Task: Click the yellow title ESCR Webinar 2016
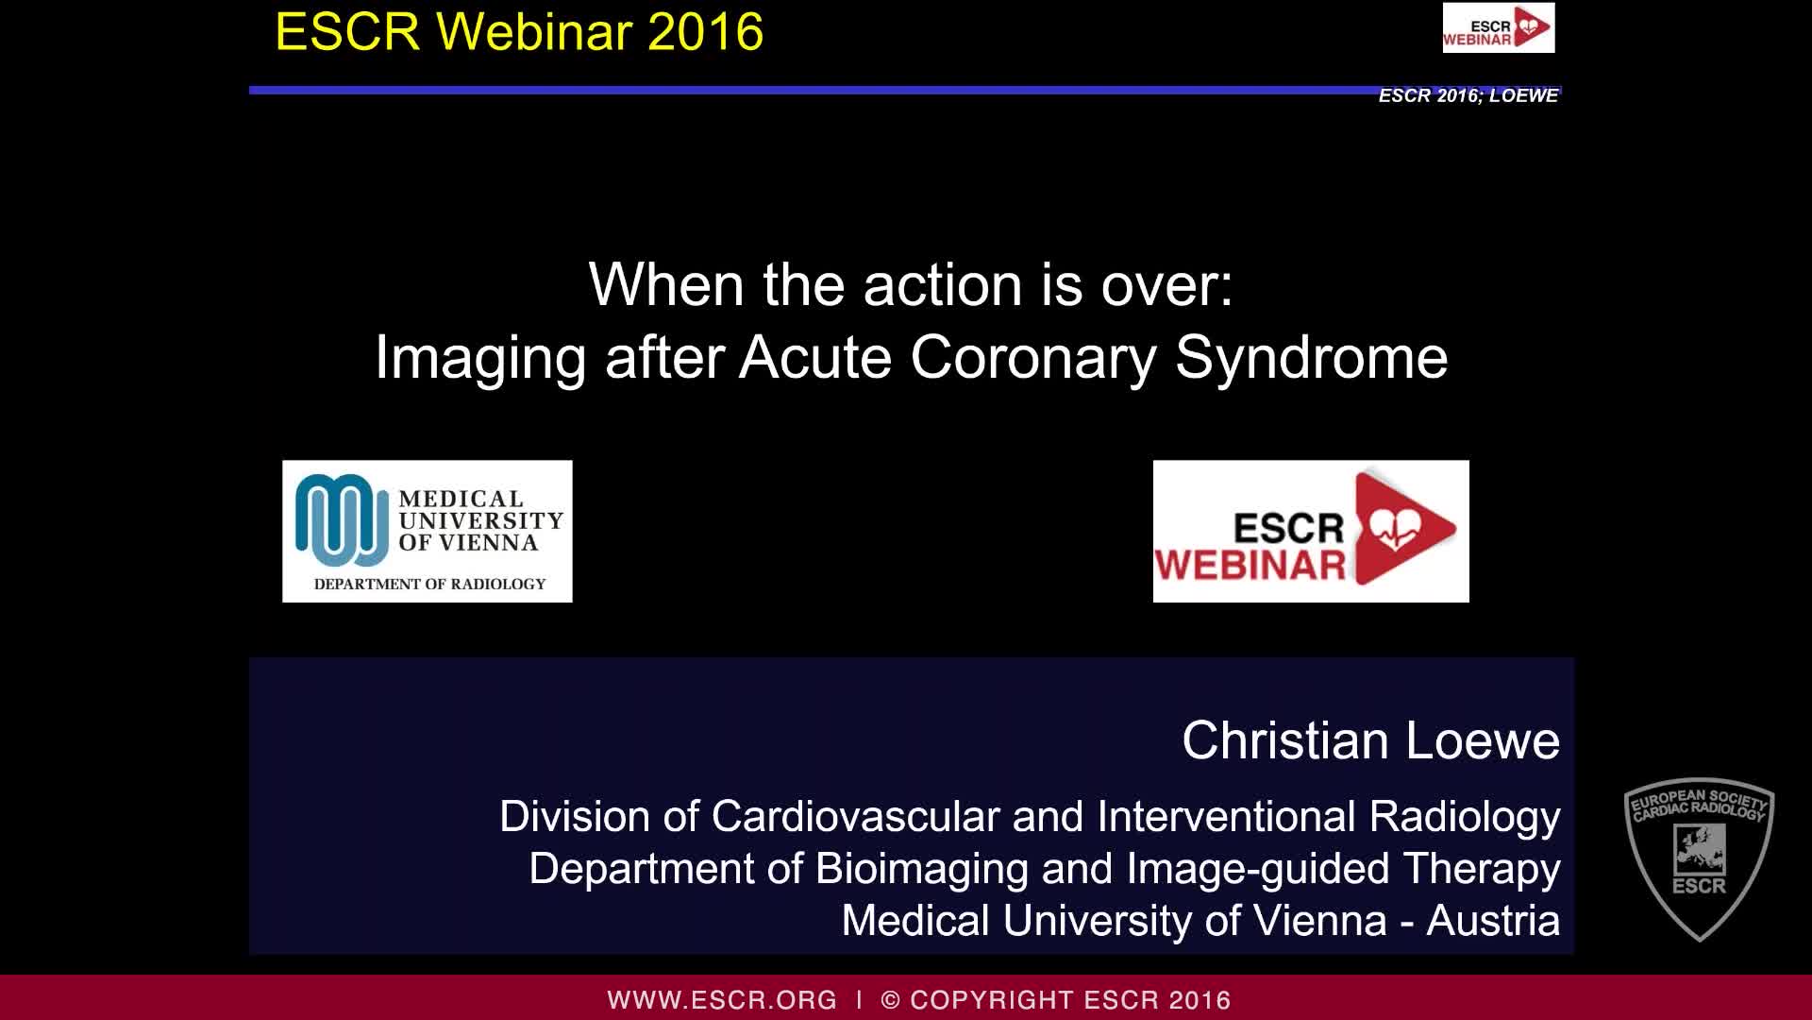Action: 519,32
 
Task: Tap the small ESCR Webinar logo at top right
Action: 1498,27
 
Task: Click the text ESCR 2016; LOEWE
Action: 1468,96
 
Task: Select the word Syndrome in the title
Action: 1311,358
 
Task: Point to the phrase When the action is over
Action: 910,284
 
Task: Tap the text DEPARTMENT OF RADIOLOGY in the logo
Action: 429,584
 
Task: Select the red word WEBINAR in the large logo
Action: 1250,566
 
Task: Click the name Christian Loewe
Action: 1370,740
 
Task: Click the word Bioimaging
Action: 921,869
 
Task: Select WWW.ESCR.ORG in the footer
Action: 722,1000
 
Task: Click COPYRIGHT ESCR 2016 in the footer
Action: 1070,1000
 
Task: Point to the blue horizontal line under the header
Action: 812,91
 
